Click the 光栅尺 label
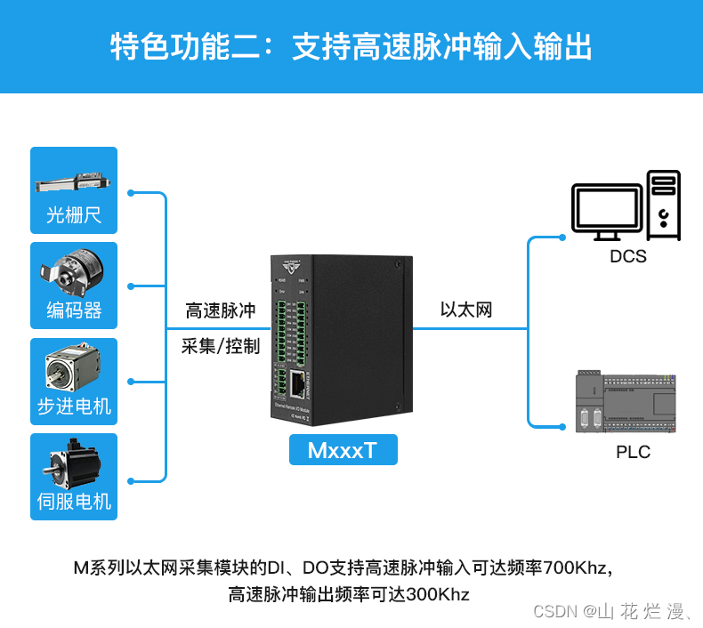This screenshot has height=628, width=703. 74,215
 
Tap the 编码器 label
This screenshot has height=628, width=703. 74,310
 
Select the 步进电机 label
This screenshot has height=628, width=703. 74,407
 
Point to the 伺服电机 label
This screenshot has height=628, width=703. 74,502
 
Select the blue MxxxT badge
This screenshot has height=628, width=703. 343,450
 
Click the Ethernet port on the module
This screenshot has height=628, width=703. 296,383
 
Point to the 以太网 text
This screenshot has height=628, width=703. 466,310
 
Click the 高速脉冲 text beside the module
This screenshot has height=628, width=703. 221,311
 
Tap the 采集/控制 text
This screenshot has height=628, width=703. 221,346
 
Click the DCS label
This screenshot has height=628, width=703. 628,257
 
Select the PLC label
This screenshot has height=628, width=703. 633,452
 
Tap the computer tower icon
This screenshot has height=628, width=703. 664,205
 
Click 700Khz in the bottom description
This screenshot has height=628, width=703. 574,568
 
